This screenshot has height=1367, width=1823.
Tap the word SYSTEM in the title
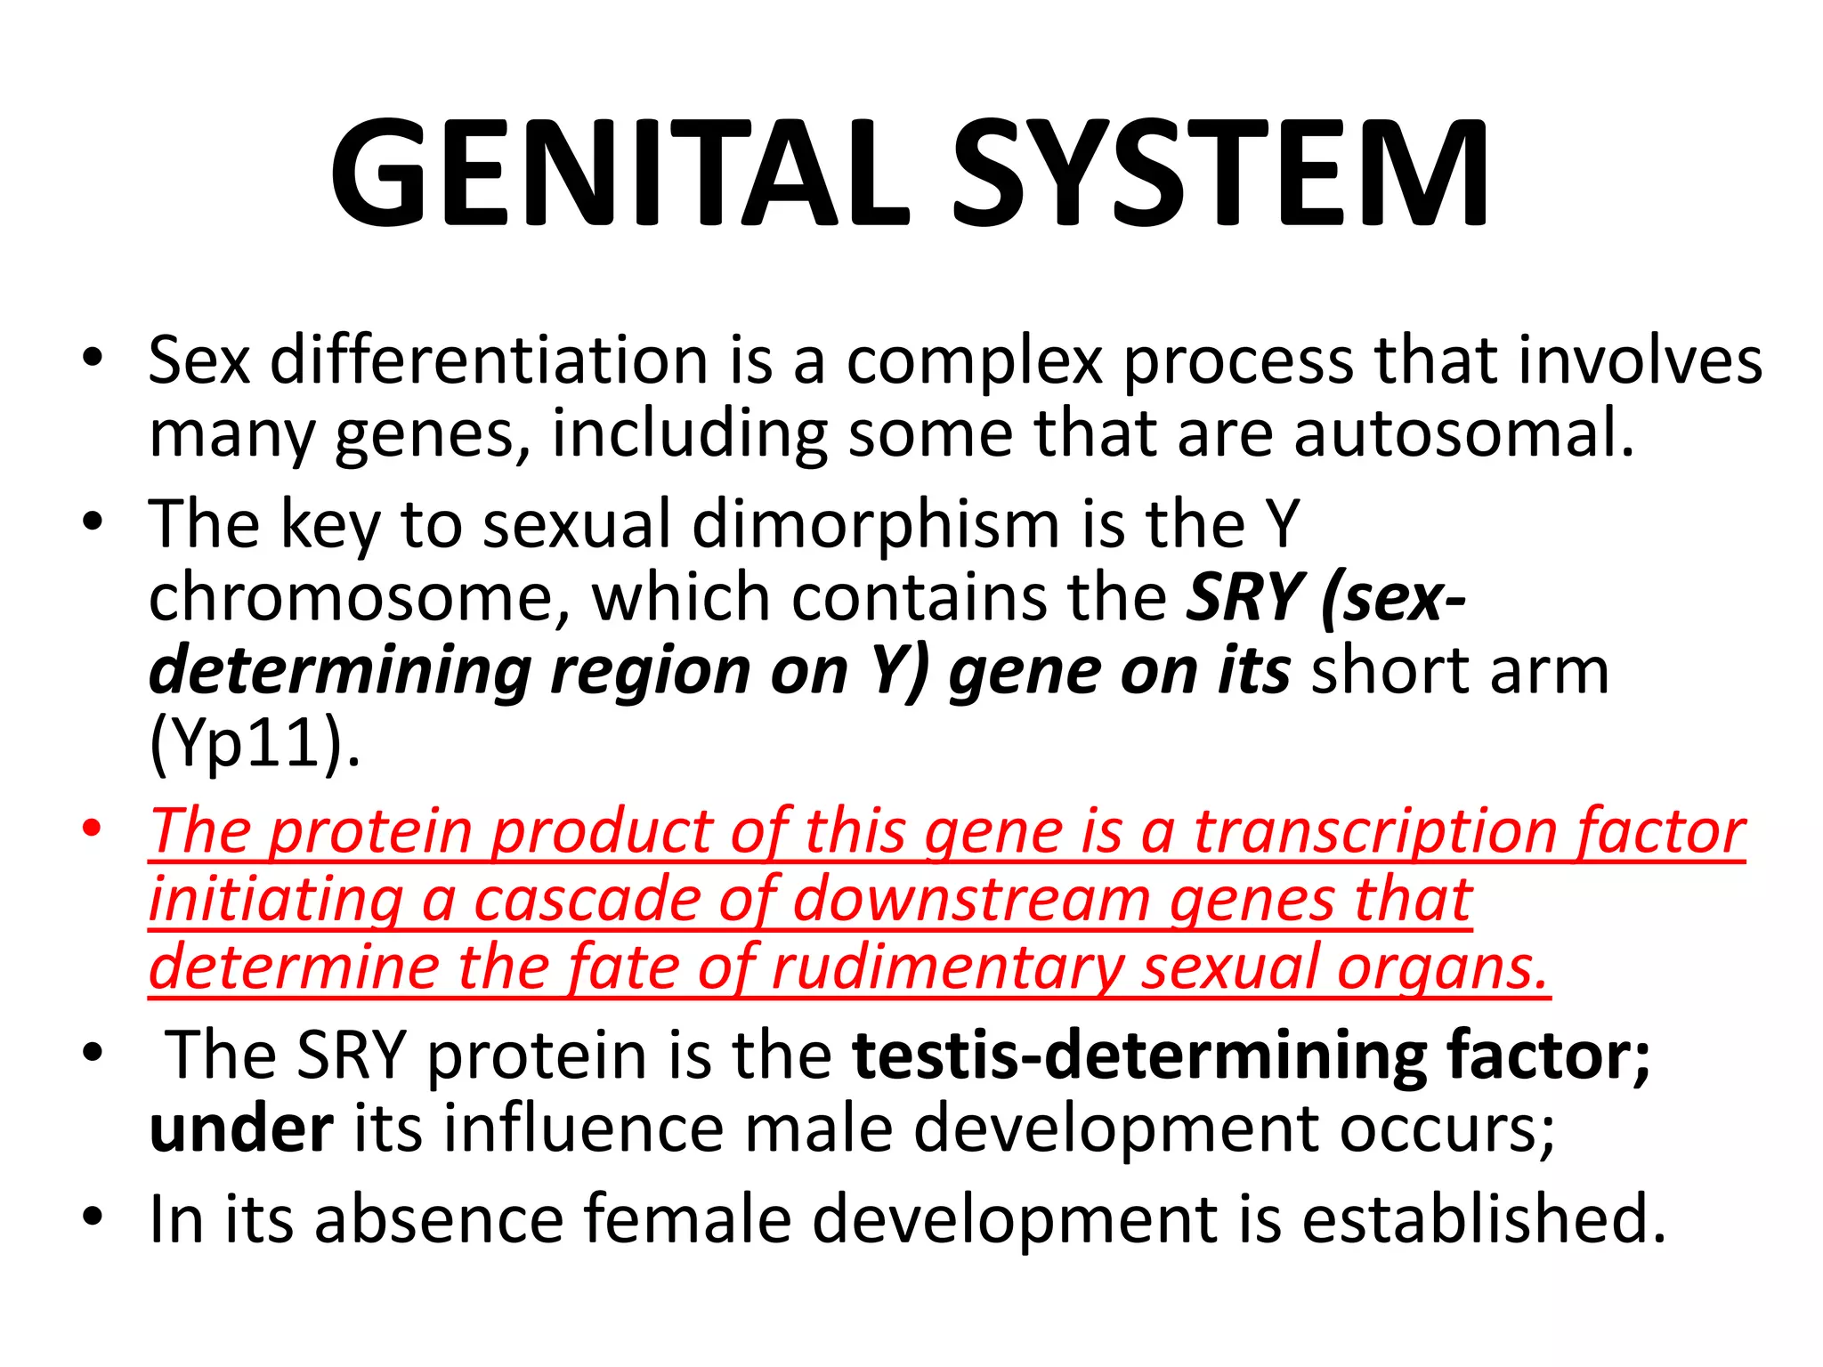point(1220,174)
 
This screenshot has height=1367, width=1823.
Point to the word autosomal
point(1463,433)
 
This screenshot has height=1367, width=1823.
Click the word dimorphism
point(876,524)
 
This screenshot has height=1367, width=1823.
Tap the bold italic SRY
point(1244,597)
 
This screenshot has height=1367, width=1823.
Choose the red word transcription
point(1375,832)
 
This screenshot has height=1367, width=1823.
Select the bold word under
point(241,1128)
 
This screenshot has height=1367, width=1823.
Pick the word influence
point(584,1128)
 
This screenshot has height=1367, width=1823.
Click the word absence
point(439,1219)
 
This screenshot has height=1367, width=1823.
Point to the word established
point(1483,1219)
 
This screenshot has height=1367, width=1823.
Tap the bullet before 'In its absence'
point(92,1216)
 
